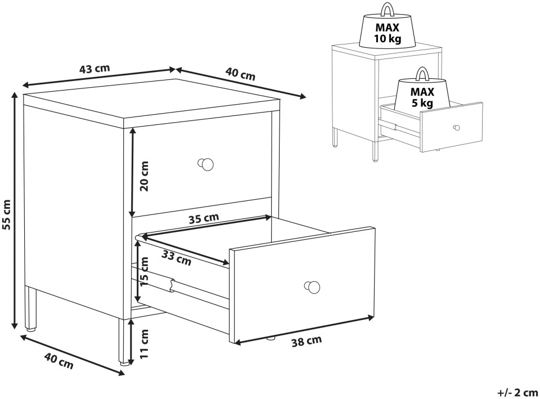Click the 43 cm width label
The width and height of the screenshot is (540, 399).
click(x=94, y=69)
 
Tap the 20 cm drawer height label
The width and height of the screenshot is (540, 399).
click(x=145, y=176)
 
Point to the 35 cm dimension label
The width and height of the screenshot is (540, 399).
click(x=204, y=218)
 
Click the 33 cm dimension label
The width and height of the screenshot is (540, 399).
click(x=176, y=258)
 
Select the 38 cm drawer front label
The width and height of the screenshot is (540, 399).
click(x=307, y=341)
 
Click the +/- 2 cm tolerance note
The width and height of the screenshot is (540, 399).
click(x=517, y=392)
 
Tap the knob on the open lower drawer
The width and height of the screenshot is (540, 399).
click(x=312, y=286)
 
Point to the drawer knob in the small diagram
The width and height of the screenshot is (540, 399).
click(x=456, y=128)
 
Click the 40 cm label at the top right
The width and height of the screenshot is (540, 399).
click(x=240, y=74)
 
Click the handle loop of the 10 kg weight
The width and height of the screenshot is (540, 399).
click(x=388, y=10)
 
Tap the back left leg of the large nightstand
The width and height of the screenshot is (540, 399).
click(x=31, y=308)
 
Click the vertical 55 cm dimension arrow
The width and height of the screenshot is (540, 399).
click(x=15, y=211)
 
